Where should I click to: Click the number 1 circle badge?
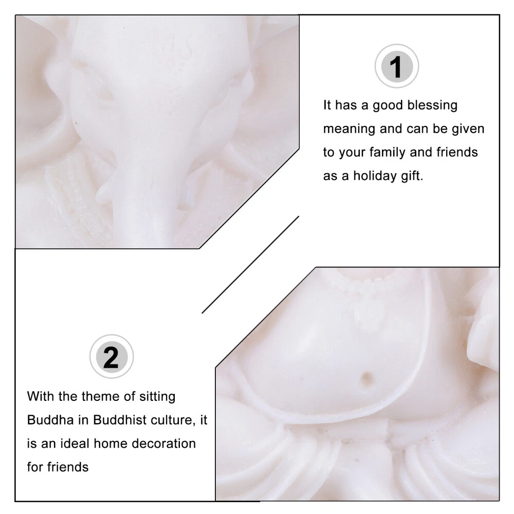397,66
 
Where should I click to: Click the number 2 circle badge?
112,356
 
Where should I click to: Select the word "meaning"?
349,129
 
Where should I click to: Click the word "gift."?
412,176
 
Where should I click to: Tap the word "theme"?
97,396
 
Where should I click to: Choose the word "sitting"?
157,397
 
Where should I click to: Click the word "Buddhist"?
120,420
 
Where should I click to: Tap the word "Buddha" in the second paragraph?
50,420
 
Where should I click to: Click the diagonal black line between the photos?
250,265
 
